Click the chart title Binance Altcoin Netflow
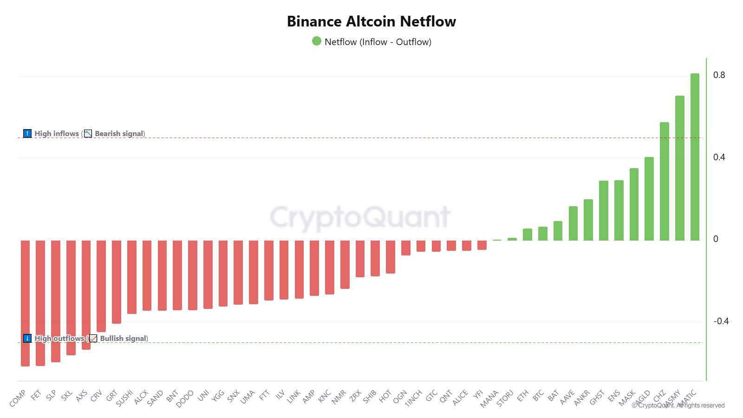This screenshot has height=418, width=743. (x=371, y=21)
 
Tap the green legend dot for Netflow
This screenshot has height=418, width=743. (x=317, y=41)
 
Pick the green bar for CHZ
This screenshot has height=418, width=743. (x=665, y=181)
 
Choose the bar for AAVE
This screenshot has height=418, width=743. (x=573, y=223)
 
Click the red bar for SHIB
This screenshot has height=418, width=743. (x=375, y=258)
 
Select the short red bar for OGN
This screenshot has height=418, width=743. (x=406, y=248)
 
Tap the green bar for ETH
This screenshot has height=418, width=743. (x=528, y=235)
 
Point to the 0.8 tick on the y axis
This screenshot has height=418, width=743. (x=719, y=75)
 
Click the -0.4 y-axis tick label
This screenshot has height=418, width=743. (x=721, y=321)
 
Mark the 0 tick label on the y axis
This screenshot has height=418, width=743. (x=716, y=239)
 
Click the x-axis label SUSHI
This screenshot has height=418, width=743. (x=124, y=398)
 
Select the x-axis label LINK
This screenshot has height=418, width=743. (x=294, y=396)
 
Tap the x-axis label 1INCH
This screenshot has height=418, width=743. (x=413, y=398)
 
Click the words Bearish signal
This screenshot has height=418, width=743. (x=119, y=134)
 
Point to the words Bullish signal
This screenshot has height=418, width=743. (x=123, y=339)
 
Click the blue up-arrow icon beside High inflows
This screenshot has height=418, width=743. (x=27, y=134)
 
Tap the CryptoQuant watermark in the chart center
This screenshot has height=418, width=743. (x=360, y=217)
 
